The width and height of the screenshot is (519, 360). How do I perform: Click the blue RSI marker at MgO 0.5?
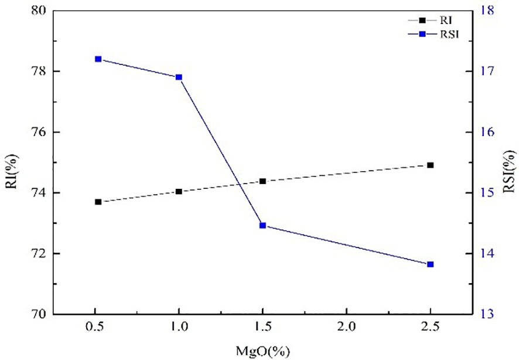(98, 59)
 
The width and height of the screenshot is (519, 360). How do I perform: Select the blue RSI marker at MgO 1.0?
(179, 77)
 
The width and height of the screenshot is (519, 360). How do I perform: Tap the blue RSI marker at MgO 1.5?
(262, 225)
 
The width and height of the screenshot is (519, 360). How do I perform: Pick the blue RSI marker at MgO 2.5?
(430, 264)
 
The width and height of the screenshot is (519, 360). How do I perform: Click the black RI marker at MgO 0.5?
(98, 202)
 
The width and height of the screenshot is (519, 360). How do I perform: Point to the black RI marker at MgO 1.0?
(179, 191)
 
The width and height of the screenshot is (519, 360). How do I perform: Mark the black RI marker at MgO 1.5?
(262, 181)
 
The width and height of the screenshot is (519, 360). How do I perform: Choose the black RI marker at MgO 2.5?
(430, 165)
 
